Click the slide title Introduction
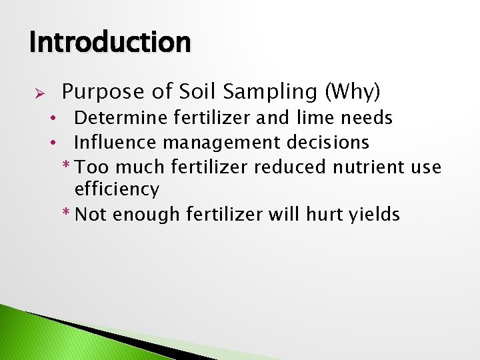tap(110, 42)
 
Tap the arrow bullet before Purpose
tap(39, 91)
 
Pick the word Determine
tap(121, 119)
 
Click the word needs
tap(366, 119)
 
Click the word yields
tap(375, 215)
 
